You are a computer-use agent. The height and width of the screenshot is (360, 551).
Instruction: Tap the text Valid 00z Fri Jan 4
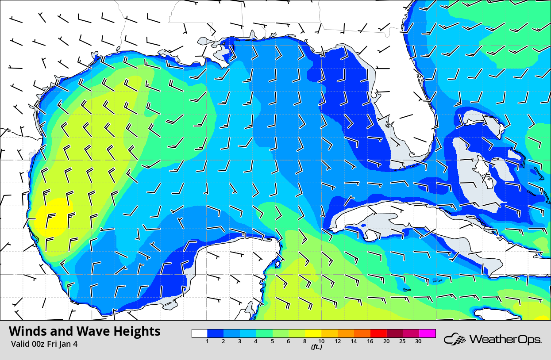[43, 344]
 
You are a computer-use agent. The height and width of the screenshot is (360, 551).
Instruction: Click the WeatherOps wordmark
[505, 340]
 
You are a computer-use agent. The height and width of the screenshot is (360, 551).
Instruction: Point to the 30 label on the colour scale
[418, 341]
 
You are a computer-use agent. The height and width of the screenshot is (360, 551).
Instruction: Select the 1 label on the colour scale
[207, 341]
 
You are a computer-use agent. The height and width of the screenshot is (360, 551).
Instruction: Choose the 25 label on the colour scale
[401, 341]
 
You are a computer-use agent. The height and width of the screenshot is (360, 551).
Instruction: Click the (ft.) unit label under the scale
[316, 347]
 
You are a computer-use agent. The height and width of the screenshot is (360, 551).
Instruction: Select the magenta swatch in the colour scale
[428, 333]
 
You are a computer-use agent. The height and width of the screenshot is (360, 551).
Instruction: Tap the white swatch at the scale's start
[200, 333]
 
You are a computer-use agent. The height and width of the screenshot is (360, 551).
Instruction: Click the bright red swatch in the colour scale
[378, 333]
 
